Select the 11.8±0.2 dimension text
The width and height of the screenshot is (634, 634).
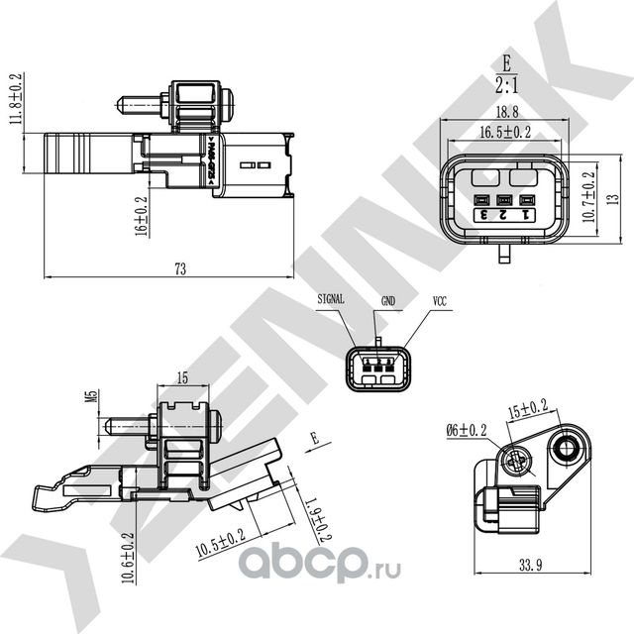(x=15, y=97)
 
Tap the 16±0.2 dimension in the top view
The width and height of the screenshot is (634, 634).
(x=142, y=215)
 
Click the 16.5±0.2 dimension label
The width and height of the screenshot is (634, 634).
(x=506, y=130)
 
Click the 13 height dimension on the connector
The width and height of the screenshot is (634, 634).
(x=613, y=195)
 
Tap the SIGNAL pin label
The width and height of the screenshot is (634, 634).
(x=333, y=297)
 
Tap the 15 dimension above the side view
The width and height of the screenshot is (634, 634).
(x=181, y=376)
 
